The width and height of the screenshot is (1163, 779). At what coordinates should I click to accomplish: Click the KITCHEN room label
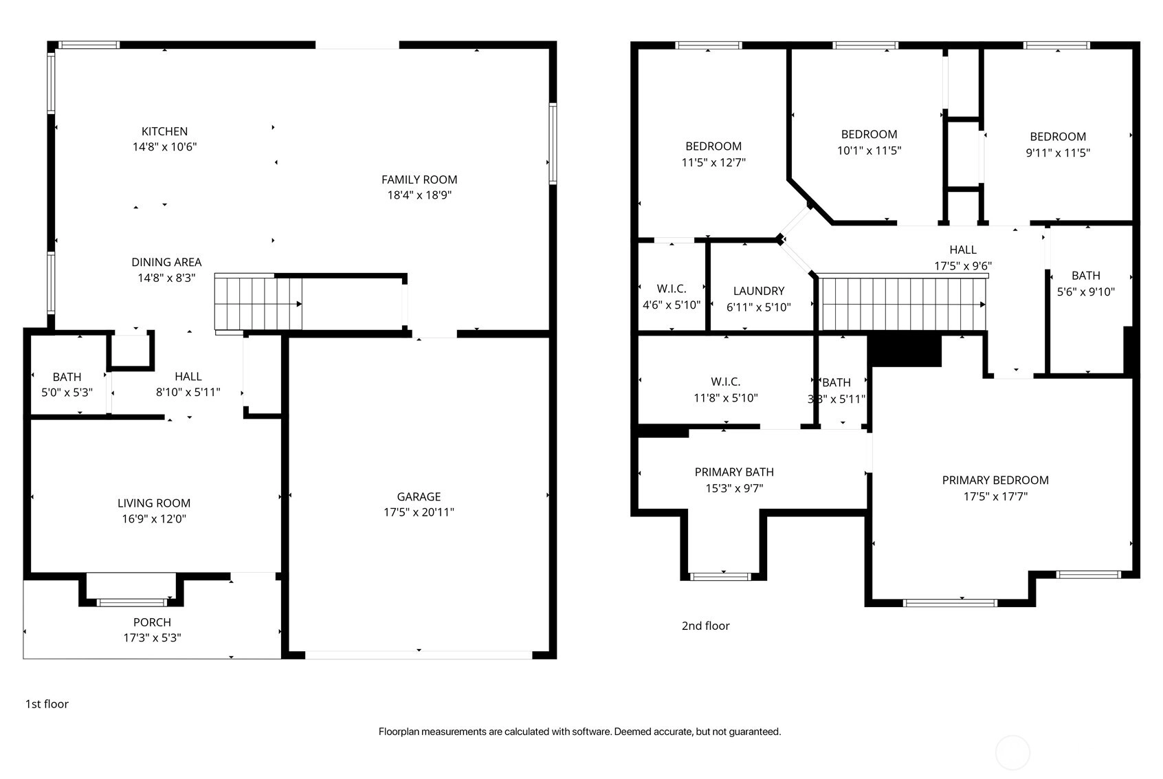pos(164,131)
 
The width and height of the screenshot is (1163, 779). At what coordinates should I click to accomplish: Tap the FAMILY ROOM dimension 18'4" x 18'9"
pos(419,195)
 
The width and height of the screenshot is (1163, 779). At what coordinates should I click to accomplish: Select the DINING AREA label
pos(166,262)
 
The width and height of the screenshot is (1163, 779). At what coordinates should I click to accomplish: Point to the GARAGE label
pos(419,496)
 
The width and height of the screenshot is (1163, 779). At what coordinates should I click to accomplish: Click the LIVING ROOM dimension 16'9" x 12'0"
pos(154,519)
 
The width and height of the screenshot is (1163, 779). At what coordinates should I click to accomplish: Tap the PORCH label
pos(152,622)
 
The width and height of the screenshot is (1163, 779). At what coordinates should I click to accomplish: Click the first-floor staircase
pos(258,304)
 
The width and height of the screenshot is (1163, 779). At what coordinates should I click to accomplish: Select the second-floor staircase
pos(903,304)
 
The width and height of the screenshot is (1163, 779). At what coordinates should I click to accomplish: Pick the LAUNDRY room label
pos(759,291)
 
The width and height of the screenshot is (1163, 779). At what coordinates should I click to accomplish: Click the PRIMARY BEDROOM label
pos(996,481)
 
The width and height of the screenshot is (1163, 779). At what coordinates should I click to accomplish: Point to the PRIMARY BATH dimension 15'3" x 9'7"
pos(735,488)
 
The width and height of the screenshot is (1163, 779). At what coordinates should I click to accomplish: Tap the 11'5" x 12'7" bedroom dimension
pos(714,162)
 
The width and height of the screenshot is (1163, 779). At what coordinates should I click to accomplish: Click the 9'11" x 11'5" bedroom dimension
pos(1058,153)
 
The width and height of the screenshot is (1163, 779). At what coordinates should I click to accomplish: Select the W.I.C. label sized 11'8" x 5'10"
pos(726,382)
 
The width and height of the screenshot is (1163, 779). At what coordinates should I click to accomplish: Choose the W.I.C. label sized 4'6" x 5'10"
pos(672,289)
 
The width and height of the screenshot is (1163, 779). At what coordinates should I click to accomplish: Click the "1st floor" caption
pos(47,704)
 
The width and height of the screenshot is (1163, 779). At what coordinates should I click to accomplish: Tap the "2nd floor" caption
pos(706,626)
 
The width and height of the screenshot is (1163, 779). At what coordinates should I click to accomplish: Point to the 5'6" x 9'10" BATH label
pos(1086,276)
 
